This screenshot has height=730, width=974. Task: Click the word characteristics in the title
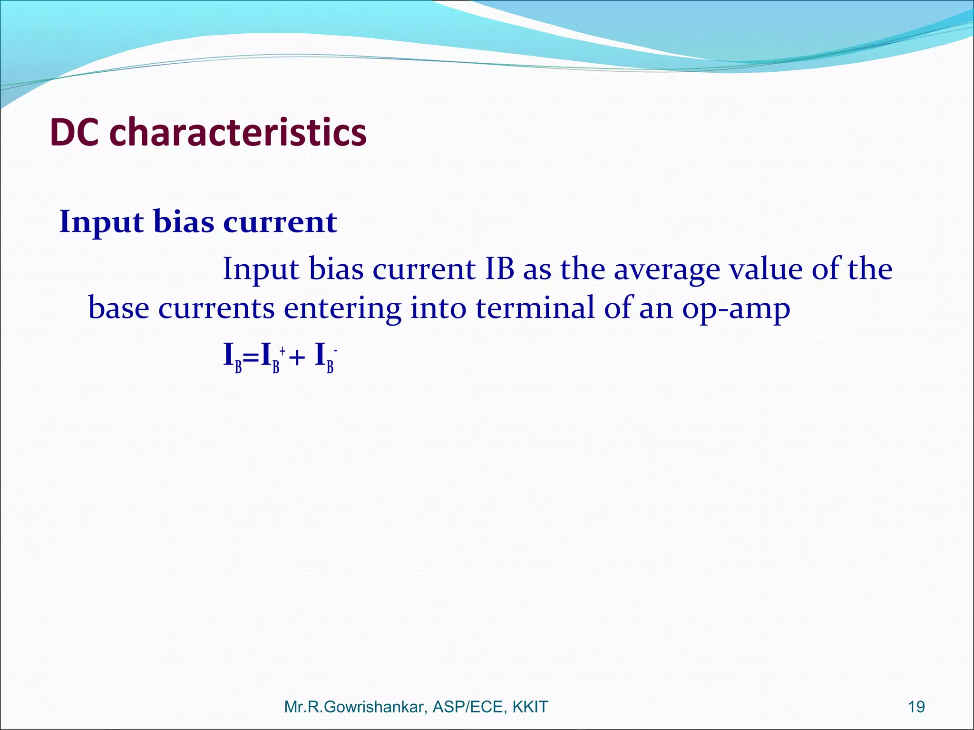pos(238,132)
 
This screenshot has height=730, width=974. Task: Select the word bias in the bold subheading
pos(184,221)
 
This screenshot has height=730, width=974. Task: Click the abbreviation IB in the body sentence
pos(499,269)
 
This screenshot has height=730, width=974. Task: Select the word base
pos(118,308)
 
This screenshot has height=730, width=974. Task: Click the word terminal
pos(535,307)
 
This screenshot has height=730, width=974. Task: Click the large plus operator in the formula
pos(297,357)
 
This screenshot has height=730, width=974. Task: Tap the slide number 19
pos(916,707)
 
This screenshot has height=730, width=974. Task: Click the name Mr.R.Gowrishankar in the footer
pos(354,707)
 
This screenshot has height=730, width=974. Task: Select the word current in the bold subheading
pos(280,221)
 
